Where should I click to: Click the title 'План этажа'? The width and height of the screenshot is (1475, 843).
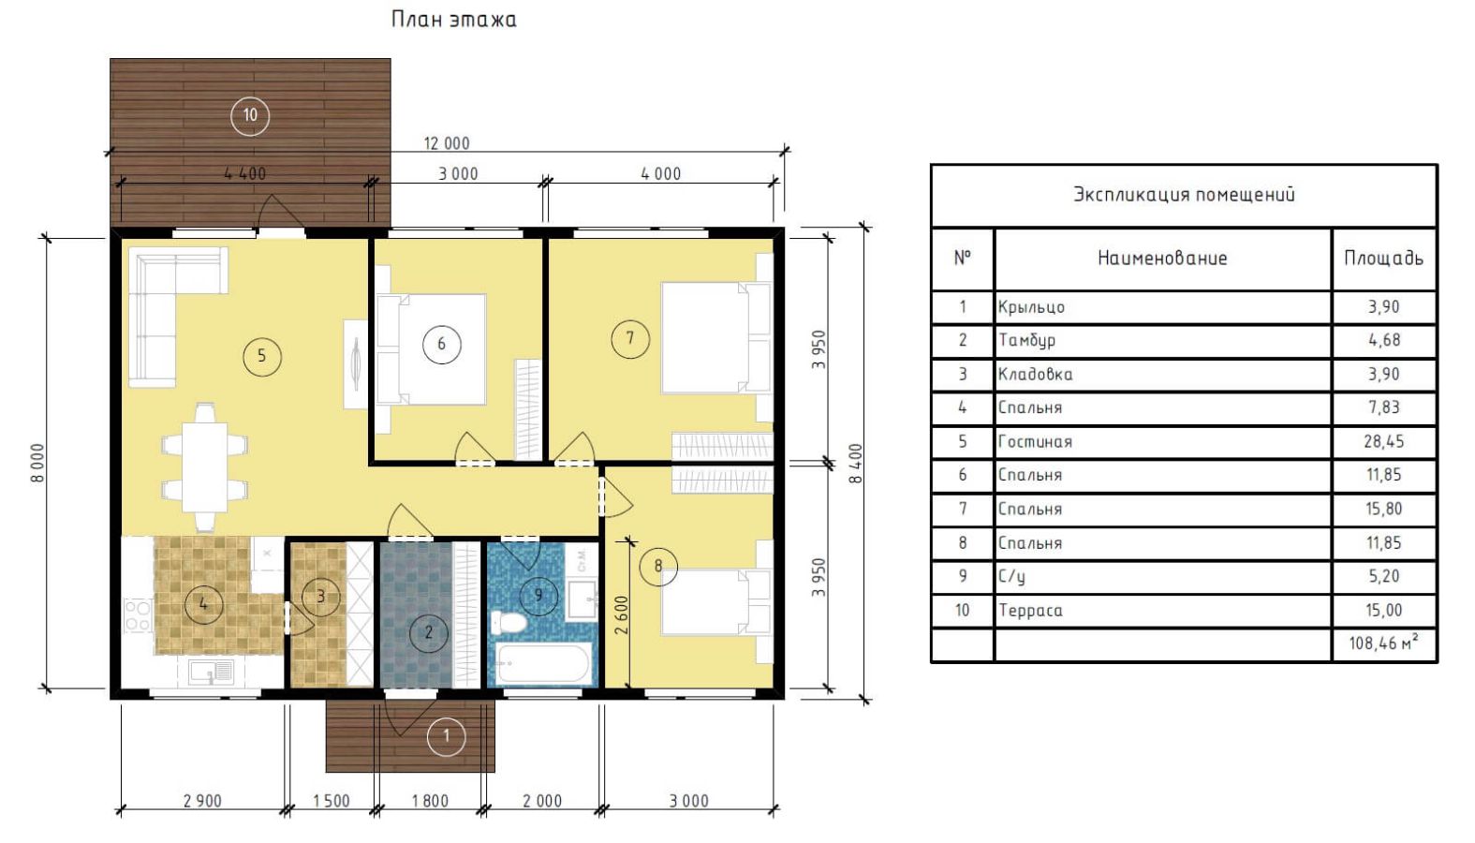(x=453, y=19)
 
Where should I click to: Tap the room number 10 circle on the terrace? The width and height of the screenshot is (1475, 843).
(x=250, y=115)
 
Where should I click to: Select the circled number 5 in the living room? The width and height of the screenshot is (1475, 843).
(x=262, y=356)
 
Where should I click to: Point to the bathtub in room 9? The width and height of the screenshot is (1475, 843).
(x=542, y=663)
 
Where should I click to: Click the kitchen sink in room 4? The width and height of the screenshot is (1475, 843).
(x=211, y=672)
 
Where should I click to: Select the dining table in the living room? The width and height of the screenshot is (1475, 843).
(x=205, y=467)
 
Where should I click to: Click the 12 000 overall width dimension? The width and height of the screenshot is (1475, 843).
(x=447, y=143)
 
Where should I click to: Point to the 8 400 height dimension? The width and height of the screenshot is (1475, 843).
(x=855, y=464)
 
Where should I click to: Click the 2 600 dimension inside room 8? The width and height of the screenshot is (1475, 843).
(x=622, y=615)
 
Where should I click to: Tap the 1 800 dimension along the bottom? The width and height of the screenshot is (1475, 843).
(x=430, y=801)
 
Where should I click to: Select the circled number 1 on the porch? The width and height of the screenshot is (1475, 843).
(x=447, y=736)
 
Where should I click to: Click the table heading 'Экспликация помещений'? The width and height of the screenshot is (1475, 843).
(x=1184, y=194)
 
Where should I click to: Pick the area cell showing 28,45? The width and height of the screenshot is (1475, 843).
(x=1383, y=441)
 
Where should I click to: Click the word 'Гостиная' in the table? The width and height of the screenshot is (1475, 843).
(x=1035, y=441)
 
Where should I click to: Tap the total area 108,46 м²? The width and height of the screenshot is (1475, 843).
(x=1383, y=643)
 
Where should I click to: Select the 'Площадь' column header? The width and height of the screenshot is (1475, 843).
(x=1383, y=259)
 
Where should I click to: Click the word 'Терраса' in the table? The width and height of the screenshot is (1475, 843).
(x=1030, y=611)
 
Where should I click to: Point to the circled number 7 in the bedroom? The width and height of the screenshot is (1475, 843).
(x=630, y=338)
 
